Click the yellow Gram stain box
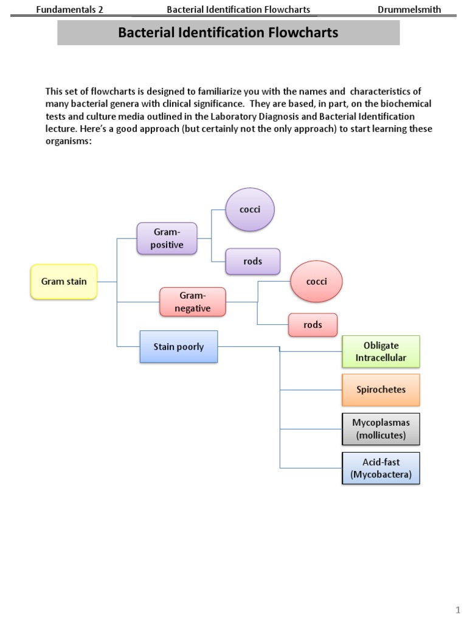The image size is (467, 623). (x=64, y=282)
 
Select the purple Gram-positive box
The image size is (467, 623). (x=167, y=238)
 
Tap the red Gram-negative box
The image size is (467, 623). (x=192, y=302)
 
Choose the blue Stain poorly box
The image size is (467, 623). (x=178, y=347)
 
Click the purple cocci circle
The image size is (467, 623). (x=250, y=210)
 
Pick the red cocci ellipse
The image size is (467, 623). (x=316, y=282)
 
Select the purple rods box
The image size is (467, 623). (x=252, y=261)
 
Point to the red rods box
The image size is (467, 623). (x=313, y=325)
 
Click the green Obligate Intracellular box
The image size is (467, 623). (x=381, y=352)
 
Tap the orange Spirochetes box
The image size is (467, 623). (x=381, y=389)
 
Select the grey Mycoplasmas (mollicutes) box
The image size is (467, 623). (x=381, y=428)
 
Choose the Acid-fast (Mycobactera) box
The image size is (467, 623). (x=381, y=468)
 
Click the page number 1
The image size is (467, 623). (x=458, y=610)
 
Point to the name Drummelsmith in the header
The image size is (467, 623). (x=409, y=9)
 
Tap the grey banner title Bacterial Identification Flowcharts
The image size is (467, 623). (x=228, y=33)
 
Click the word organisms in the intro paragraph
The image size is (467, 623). (x=67, y=142)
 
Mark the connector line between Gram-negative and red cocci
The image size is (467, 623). (x=258, y=291)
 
